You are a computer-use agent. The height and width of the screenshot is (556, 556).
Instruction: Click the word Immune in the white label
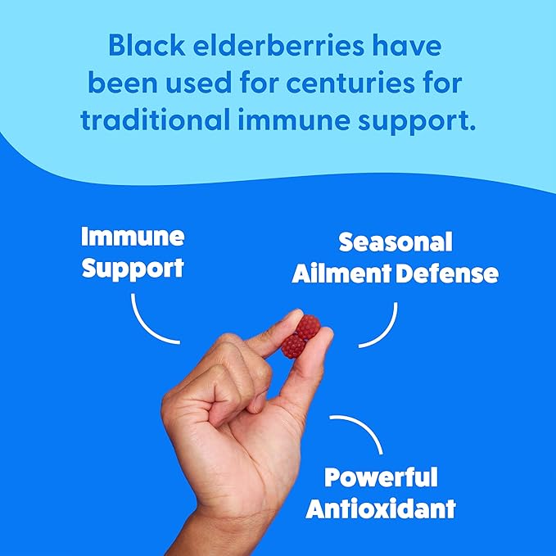tap(133, 238)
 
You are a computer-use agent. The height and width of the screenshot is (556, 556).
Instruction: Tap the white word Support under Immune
tap(133, 268)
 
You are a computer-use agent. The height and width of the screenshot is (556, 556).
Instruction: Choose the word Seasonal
tap(396, 242)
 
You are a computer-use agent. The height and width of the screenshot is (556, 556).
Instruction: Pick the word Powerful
tap(381, 477)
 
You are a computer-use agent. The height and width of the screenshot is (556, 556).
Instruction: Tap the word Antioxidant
tap(381, 508)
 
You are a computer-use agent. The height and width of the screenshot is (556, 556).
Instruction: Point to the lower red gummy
tap(292, 346)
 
